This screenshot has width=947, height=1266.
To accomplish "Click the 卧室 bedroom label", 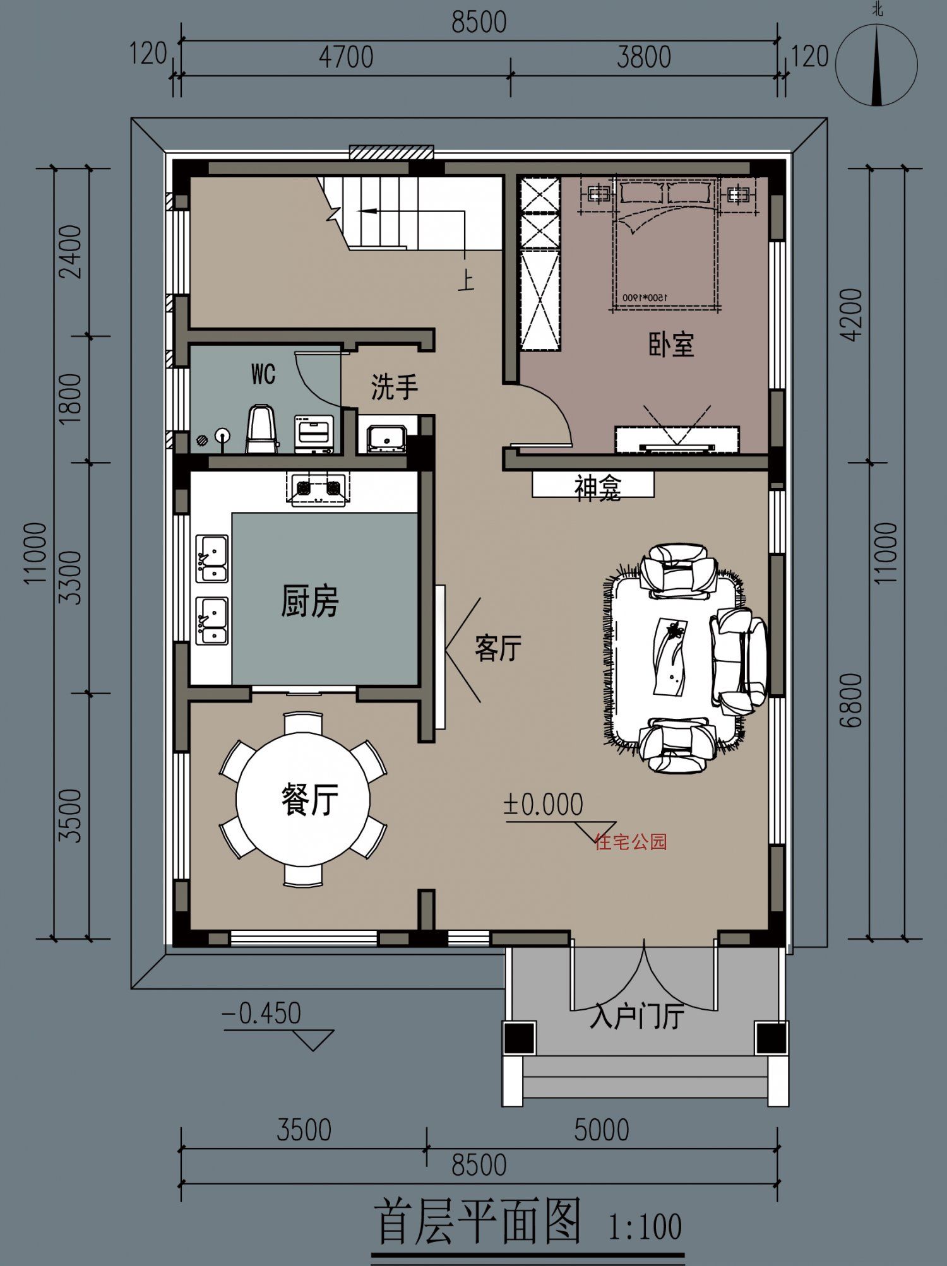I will (671, 345).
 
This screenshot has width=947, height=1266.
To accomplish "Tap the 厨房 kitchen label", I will (309, 601).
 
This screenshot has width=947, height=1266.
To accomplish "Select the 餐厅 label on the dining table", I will (309, 800).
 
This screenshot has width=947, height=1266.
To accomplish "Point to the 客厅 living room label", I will (498, 648).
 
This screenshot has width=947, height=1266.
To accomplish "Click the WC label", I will (263, 374).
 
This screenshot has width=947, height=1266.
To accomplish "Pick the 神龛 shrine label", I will (597, 487).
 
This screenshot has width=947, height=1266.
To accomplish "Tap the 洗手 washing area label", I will (394, 386).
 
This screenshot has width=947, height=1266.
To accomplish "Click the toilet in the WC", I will (262, 429).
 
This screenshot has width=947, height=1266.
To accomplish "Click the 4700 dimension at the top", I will (345, 58).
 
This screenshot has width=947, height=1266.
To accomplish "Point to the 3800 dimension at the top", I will (643, 58).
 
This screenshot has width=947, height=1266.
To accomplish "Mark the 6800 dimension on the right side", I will (852, 700).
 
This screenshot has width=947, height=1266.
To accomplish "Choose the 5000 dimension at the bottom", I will (601, 1130).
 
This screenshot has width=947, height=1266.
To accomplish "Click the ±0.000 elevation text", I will (543, 805).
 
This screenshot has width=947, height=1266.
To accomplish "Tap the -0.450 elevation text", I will (261, 1014).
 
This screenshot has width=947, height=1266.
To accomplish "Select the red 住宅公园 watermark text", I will (631, 841).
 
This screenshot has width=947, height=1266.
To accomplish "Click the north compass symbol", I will (876, 63).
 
